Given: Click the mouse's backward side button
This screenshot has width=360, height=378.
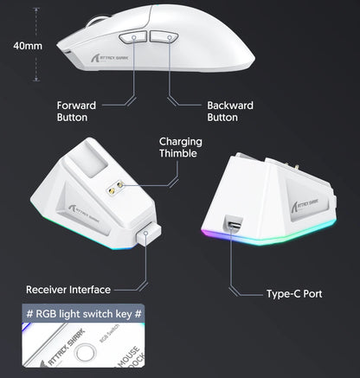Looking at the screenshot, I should coord(164,38).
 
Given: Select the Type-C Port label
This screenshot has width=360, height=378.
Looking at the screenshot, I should coord(293,294).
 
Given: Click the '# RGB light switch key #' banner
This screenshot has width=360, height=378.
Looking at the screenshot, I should coord(83,315).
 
